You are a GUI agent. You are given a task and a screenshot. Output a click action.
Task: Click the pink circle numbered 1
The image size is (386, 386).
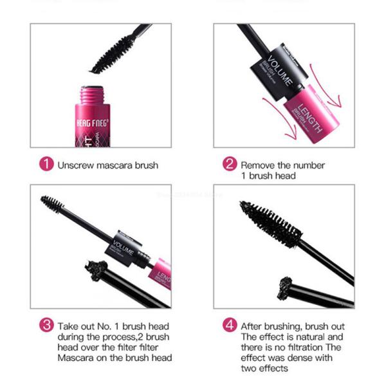click(46, 165)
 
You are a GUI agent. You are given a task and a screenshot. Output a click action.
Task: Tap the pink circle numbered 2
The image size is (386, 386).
click(229, 165)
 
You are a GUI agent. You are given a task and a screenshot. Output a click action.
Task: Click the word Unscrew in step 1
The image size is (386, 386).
click(77, 165)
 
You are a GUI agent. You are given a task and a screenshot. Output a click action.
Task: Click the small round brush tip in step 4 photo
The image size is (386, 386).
click(286, 283)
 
